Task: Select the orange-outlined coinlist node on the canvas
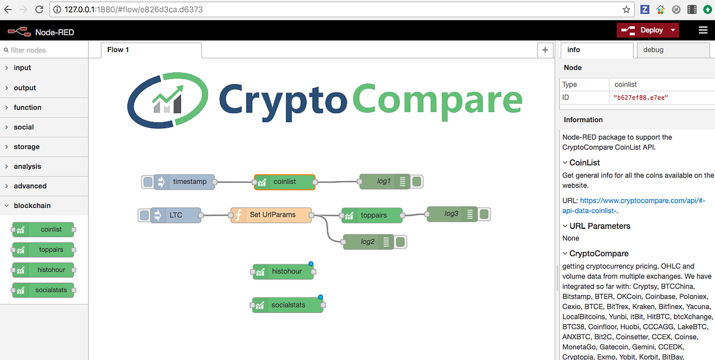click(x=284, y=182)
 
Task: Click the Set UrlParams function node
click(x=272, y=215)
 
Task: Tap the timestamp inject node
click(x=185, y=182)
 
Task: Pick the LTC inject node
click(x=176, y=215)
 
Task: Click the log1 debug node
click(x=384, y=182)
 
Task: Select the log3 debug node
click(x=451, y=213)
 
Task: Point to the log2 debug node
click(x=368, y=241)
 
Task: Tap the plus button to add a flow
click(x=545, y=50)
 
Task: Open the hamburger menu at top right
click(x=703, y=30)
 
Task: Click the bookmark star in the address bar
click(x=626, y=10)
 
